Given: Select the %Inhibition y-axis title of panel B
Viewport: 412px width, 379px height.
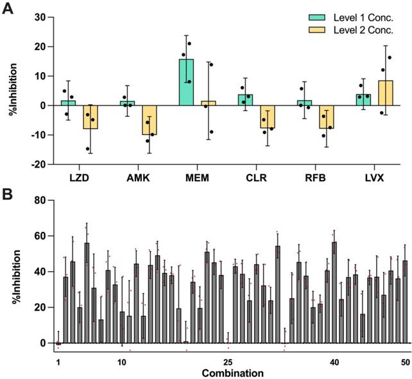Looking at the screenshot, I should pyautogui.click(x=12, y=272).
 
